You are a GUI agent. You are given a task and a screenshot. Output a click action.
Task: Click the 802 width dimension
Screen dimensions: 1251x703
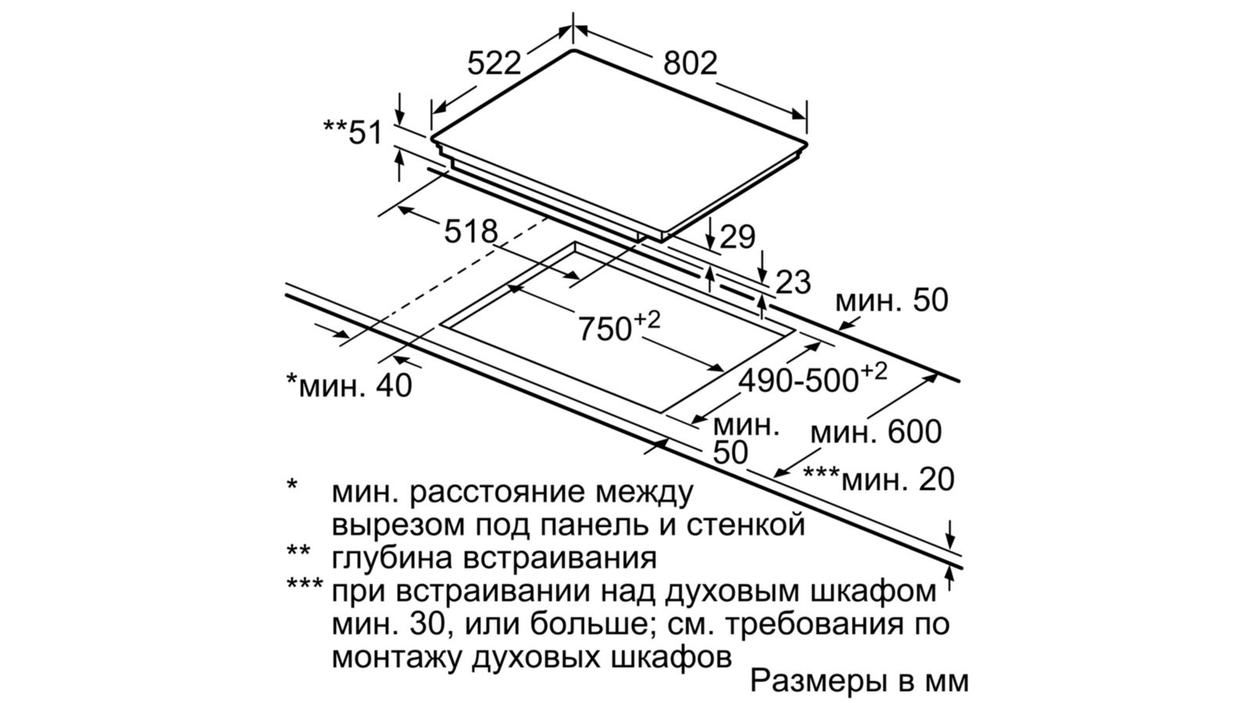pyautogui.click(x=690, y=63)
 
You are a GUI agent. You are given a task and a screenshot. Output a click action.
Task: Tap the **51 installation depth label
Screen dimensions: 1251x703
pyautogui.click(x=353, y=133)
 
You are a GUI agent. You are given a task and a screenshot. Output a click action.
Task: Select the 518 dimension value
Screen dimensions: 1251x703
pyautogui.click(x=470, y=231)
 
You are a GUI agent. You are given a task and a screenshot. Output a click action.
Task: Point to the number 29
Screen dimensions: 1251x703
pyautogui.click(x=737, y=237)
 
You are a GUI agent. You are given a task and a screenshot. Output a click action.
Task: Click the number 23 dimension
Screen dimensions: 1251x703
pyautogui.click(x=793, y=282)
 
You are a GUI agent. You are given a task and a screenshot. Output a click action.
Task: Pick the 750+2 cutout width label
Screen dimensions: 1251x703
pyautogui.click(x=618, y=326)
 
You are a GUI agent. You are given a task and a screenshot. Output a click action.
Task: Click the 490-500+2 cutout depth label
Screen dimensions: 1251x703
pyautogui.click(x=813, y=380)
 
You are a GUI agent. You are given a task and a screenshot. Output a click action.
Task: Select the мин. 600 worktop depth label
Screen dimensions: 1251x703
pyautogui.click(x=876, y=432)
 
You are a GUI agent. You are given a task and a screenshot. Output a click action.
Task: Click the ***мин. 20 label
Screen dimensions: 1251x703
pyautogui.click(x=879, y=479)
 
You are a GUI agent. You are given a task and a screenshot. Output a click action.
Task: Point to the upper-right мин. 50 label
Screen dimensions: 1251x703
pyautogui.click(x=892, y=301)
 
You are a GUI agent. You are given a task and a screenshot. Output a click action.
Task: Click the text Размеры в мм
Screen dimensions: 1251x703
pyautogui.click(x=859, y=680)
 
